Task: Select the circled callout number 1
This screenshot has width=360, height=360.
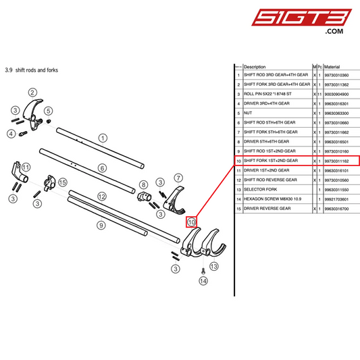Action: point(103,137)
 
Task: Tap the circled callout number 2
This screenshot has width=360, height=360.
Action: point(32,93)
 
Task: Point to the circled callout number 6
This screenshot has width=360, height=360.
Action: point(103,168)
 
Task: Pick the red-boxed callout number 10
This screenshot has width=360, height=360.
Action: point(191,222)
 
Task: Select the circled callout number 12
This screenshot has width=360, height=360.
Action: point(102,196)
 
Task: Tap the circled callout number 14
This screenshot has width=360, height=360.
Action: point(203,281)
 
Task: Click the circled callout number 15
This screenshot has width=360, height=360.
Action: point(63,182)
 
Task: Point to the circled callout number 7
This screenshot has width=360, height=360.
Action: point(179,178)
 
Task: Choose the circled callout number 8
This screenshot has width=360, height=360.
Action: point(143,184)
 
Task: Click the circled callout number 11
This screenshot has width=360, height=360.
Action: point(26,167)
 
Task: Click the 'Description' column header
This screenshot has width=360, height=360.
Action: point(255,67)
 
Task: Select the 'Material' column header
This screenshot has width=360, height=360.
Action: point(332,67)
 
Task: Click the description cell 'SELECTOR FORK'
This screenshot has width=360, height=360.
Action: point(261,190)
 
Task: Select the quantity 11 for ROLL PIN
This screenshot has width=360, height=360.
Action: point(319,94)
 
